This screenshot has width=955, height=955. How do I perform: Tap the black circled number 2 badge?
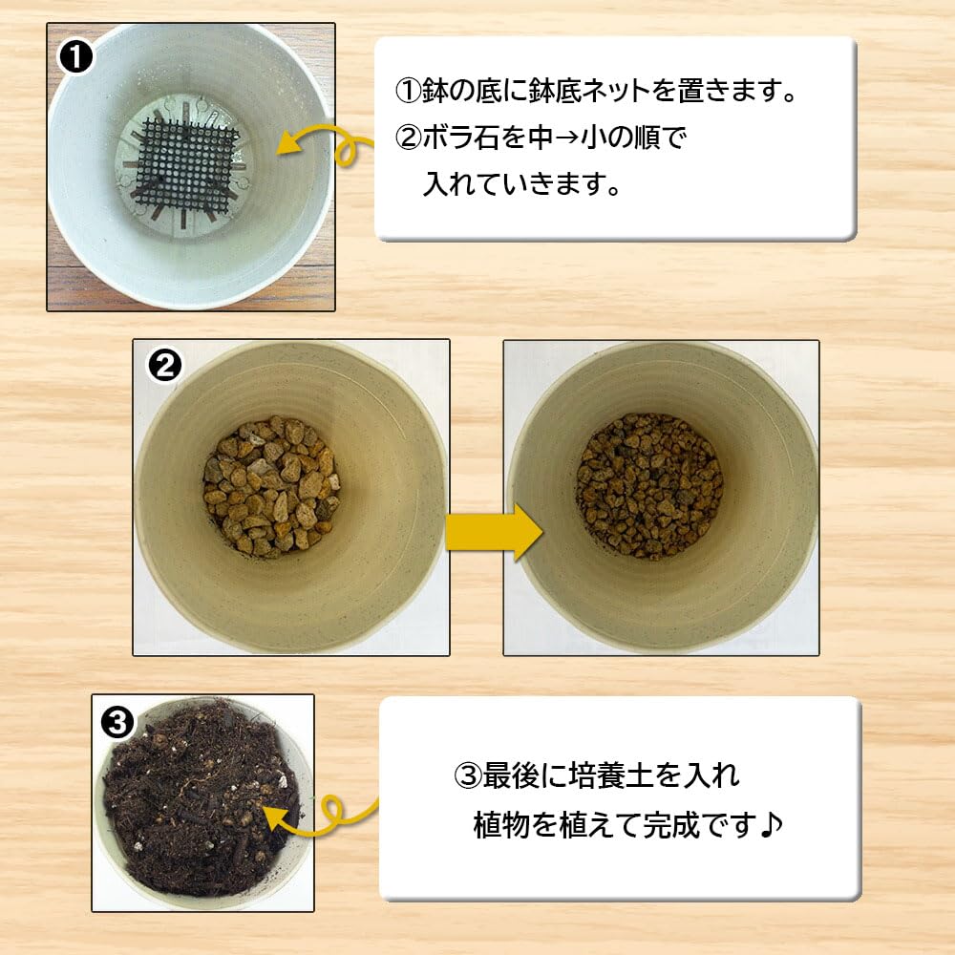(x=164, y=366)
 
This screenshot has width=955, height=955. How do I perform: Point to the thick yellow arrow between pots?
(x=494, y=532)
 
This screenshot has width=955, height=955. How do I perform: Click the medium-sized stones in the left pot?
(x=271, y=486)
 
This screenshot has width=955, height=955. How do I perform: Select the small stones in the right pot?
(x=649, y=486)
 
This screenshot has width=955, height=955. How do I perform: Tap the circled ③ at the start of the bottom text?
(x=468, y=776)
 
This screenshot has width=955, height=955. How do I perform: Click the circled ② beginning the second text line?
(x=409, y=138)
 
